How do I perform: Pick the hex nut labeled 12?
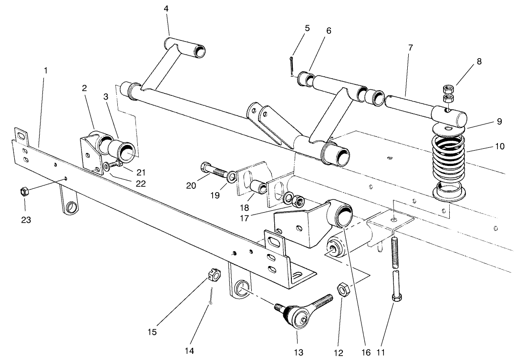click(342, 289)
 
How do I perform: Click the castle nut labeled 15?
click(214, 275)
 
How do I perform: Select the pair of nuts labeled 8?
click(448, 93)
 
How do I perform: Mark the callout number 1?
click(46, 70)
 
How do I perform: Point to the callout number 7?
click(410, 48)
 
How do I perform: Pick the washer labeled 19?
click(231, 177)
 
